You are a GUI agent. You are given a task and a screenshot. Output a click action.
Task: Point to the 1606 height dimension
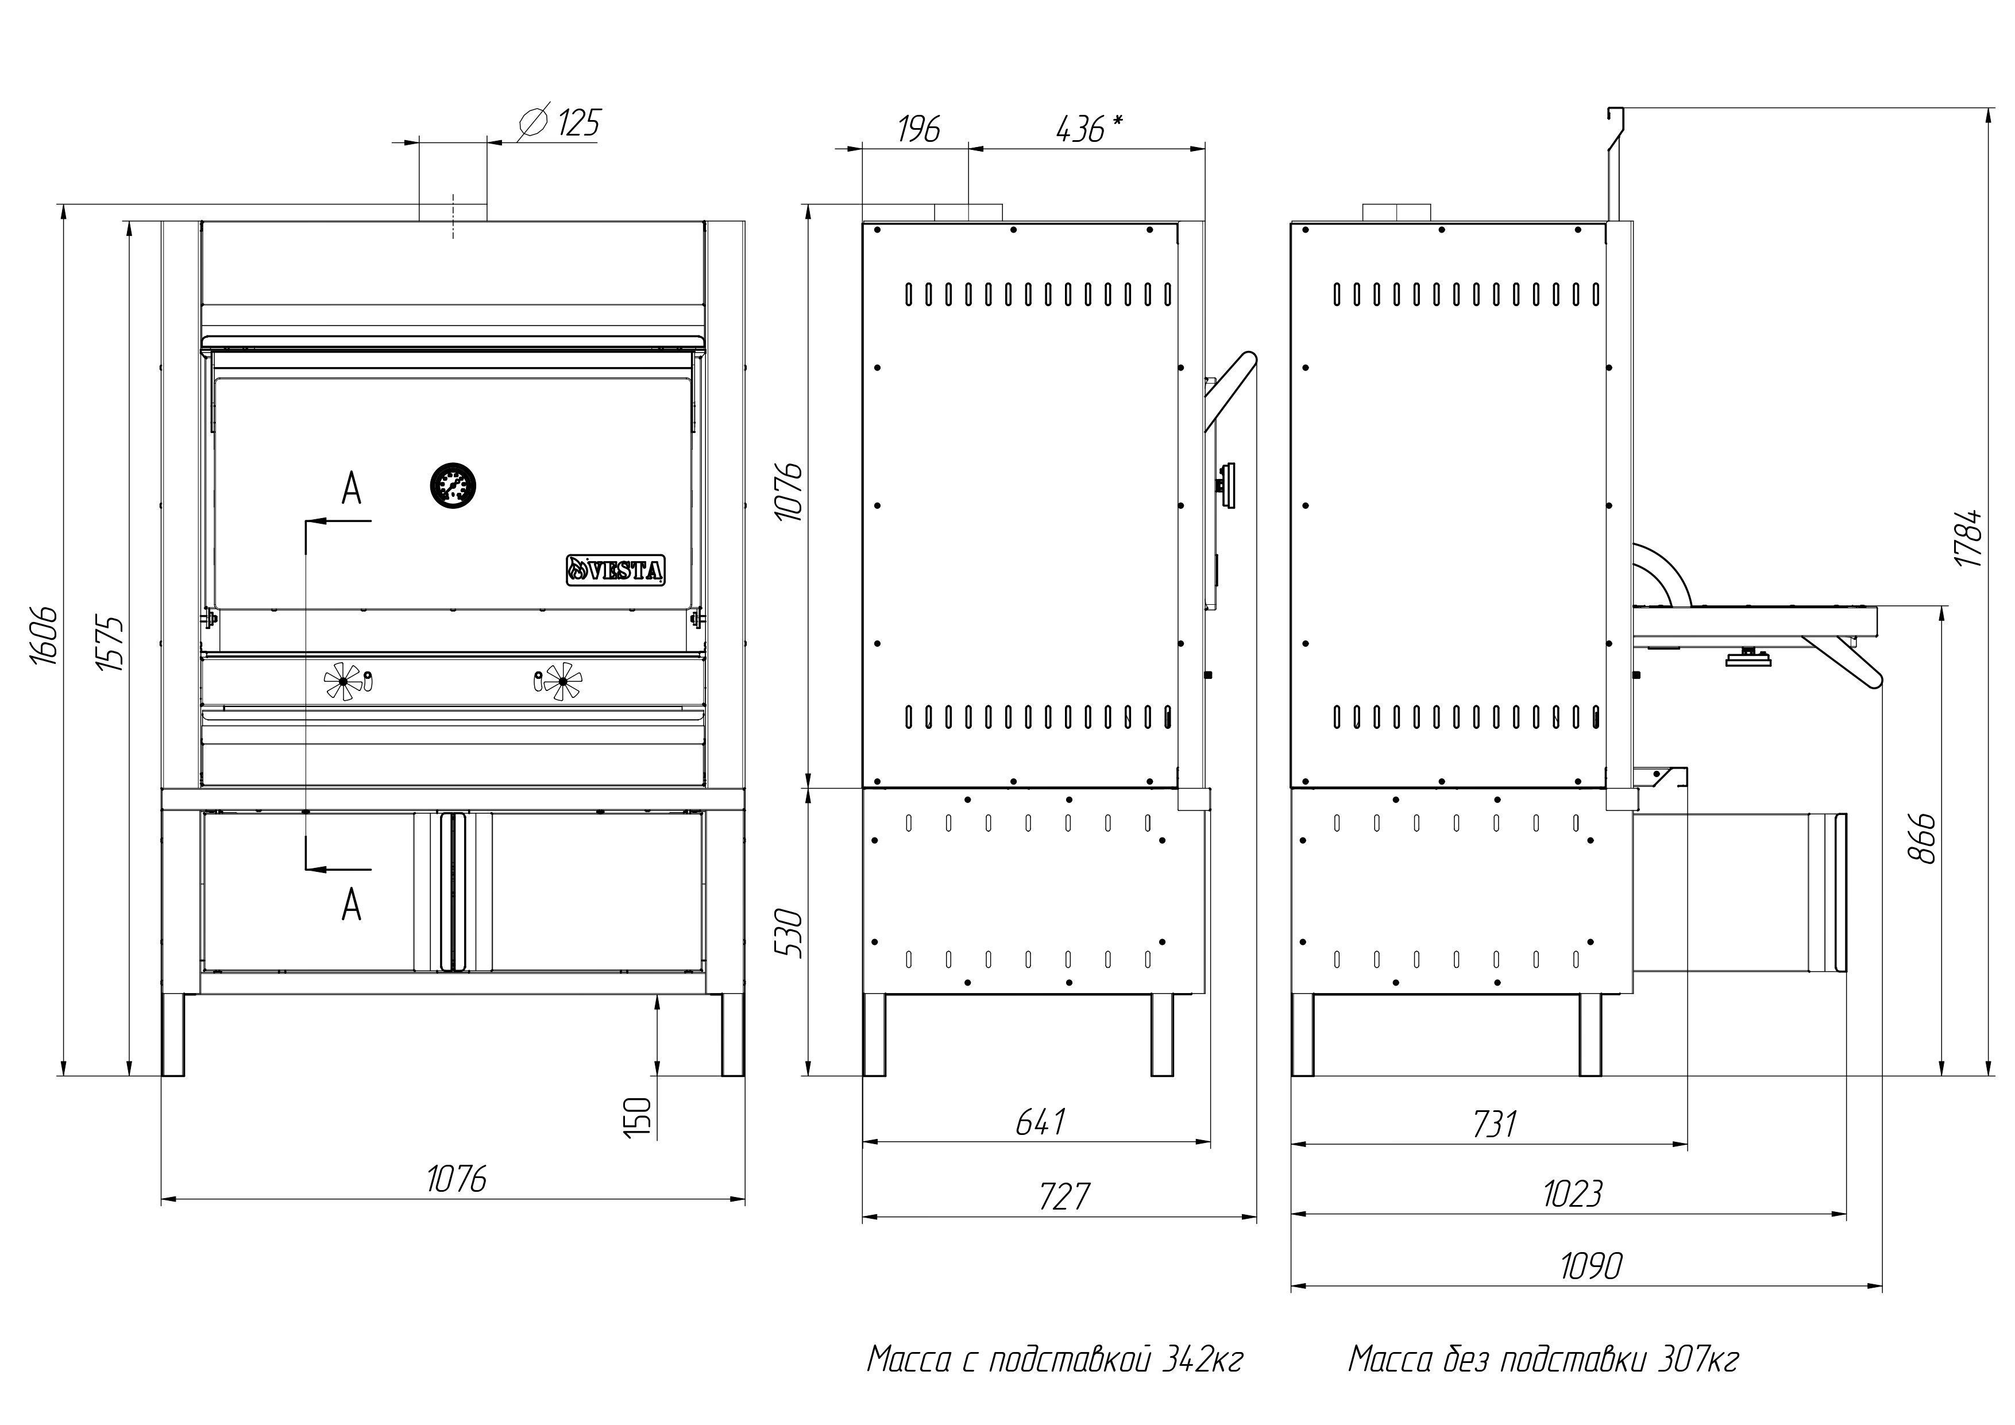44,635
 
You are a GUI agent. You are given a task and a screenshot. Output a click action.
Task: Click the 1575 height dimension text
111,644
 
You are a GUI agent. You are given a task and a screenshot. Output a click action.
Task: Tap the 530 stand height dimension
789,933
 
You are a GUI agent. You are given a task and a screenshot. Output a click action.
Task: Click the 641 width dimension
1041,1122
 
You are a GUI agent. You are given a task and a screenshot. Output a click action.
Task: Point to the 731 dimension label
1493,1124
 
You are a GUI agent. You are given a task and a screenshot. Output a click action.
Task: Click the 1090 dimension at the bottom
1591,1266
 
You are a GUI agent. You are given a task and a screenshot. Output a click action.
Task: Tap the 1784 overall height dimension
1970,537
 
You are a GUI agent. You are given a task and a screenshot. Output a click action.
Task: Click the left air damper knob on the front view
343,681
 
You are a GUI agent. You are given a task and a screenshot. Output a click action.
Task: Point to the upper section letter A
351,489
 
